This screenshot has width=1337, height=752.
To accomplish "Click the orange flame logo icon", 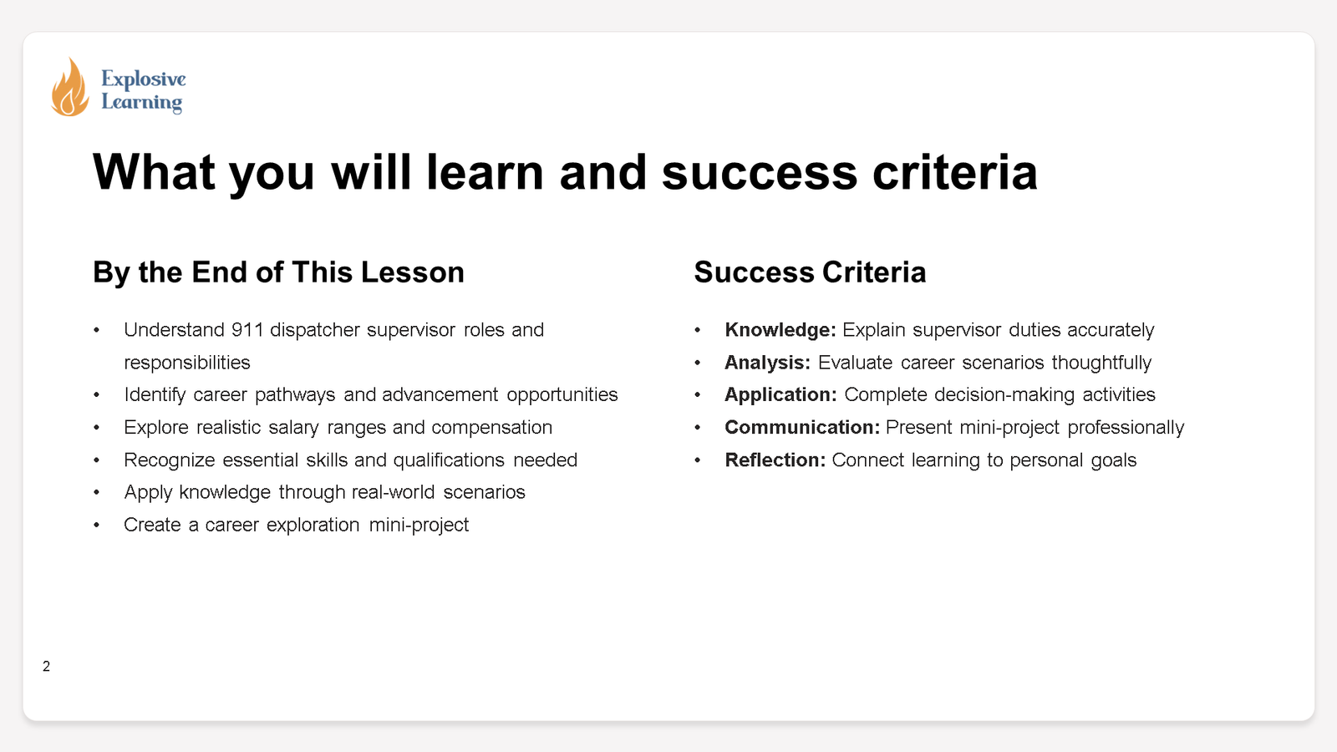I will (x=69, y=88).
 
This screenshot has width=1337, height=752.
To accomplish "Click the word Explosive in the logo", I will (x=144, y=79).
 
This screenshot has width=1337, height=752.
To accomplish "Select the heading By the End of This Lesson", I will (x=278, y=272).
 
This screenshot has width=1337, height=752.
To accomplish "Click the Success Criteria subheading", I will (x=810, y=272).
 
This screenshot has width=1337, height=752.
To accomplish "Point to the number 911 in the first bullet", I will (x=247, y=330).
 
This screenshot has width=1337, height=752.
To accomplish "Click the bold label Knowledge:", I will (x=780, y=330).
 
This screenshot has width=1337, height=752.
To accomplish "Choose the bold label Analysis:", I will (x=767, y=363).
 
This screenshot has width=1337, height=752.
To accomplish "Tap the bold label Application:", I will (x=780, y=394).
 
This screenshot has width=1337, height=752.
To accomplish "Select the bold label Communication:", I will (x=801, y=427).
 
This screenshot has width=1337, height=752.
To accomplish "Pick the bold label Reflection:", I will (x=775, y=460).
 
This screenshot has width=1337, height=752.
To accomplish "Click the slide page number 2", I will (x=47, y=666).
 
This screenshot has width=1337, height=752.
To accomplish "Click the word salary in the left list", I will (x=293, y=427).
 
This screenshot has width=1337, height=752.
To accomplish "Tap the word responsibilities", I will (x=187, y=363).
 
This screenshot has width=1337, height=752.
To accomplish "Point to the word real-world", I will (x=393, y=492).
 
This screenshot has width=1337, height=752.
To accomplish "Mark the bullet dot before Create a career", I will (x=97, y=525).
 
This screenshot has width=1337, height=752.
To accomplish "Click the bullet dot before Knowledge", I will (x=698, y=330).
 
